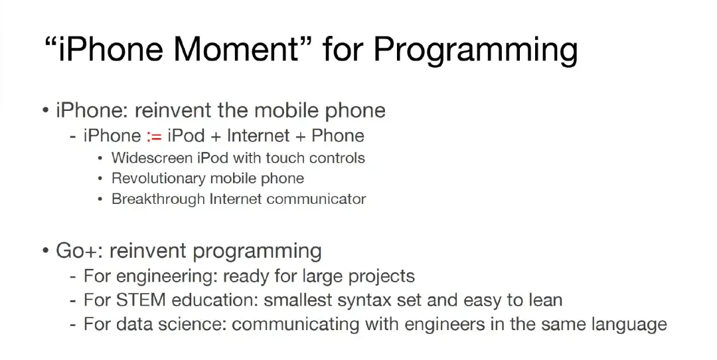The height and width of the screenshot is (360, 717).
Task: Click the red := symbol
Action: coord(154,136)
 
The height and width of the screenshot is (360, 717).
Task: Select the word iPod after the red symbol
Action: coord(186,135)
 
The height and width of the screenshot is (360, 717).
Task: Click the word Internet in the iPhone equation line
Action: coord(258,135)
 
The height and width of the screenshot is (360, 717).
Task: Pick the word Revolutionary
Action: coord(158,179)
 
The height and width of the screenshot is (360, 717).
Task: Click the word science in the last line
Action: coord(192,324)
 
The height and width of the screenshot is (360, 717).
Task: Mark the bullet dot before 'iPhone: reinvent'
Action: coord(45,111)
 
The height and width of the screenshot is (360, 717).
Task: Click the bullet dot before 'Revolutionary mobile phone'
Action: coord(100,179)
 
